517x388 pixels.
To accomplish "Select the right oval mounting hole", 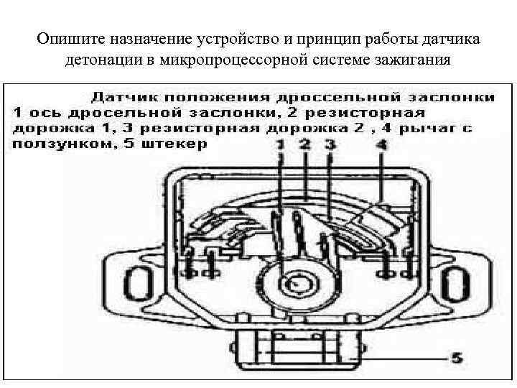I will point(453,280).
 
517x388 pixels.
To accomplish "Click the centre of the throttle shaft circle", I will point(294,283).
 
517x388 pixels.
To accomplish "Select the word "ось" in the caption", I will point(43,112).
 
